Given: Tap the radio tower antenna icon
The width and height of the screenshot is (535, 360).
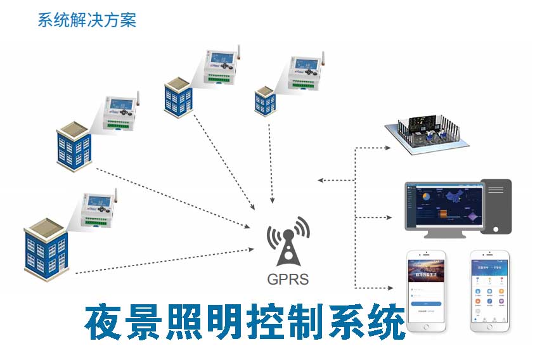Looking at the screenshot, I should [288, 241].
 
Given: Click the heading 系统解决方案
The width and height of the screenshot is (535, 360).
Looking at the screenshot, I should [87, 20].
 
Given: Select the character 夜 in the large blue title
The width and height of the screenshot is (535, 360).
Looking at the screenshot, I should [106, 323].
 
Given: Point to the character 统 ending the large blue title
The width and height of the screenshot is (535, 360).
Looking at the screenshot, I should [384, 323].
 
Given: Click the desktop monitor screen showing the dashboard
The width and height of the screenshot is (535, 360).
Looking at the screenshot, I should [444, 207].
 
